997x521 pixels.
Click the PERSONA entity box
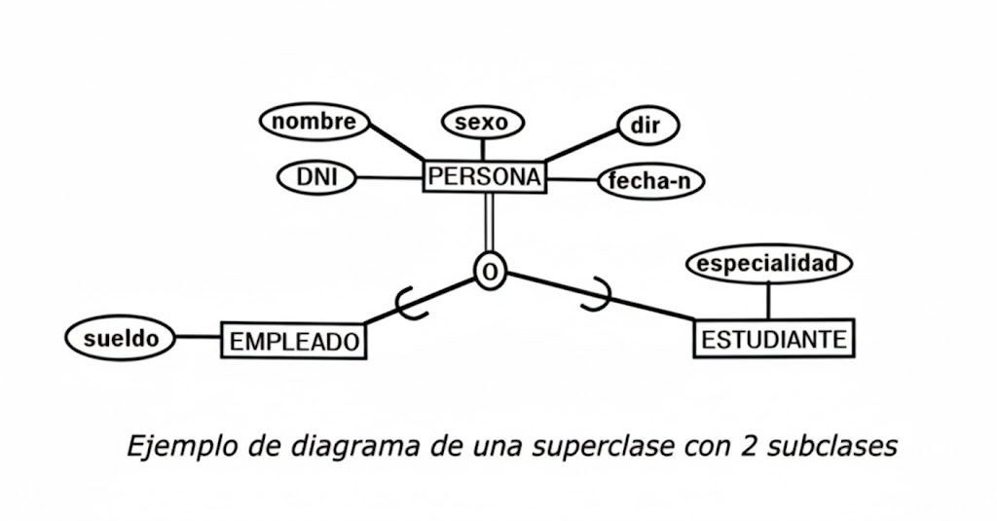[484, 177]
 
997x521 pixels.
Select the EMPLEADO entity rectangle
[294, 340]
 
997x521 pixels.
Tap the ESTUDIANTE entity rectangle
[774, 339]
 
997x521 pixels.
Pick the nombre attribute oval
[314, 122]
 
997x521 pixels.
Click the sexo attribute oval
[483, 123]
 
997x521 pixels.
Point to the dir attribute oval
[648, 125]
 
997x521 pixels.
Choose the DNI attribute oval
[316, 177]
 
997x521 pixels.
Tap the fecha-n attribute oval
[650, 181]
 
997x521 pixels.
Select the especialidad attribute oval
[768, 264]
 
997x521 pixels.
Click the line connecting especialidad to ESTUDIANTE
[768, 299]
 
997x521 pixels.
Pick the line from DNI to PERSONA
[388, 177]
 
